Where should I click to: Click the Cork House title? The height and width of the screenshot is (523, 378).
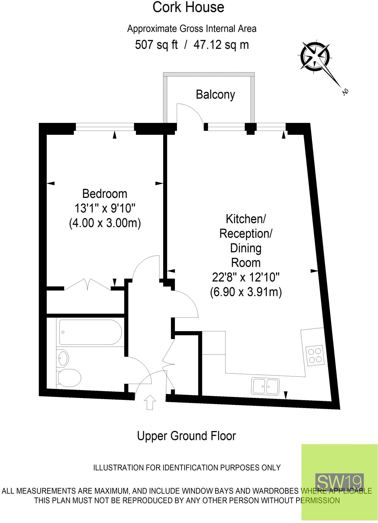click(188, 8)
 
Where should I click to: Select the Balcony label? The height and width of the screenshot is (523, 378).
click(215, 95)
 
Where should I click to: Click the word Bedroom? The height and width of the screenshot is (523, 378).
click(105, 194)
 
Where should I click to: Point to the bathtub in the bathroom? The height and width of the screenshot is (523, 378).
click(90, 332)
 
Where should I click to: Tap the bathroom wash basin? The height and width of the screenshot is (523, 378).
click(64, 358)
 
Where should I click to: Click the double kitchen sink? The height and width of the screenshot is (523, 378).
click(265, 386)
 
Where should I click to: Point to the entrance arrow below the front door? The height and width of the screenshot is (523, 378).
click(150, 402)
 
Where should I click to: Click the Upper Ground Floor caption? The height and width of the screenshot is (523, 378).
click(186, 436)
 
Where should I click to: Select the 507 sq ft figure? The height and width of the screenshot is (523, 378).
click(156, 45)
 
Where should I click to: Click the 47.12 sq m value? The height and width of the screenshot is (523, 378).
click(221, 45)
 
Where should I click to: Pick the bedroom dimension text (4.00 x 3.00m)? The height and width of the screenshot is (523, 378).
click(105, 223)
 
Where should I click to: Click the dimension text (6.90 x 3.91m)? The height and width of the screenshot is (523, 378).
click(246, 292)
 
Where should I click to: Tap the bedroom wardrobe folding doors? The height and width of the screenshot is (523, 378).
click(88, 284)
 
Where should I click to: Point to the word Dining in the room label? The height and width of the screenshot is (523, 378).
click(246, 248)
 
